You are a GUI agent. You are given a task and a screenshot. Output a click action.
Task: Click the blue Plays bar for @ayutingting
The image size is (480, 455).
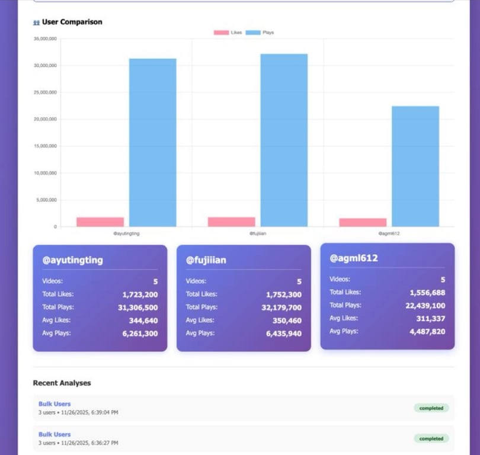click(153, 142)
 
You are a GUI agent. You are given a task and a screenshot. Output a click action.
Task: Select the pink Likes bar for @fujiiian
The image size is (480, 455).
click(231, 222)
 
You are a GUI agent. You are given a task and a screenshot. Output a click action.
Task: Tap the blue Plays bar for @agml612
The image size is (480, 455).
click(415, 166)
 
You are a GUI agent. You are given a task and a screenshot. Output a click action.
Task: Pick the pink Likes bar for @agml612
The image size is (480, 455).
click(363, 222)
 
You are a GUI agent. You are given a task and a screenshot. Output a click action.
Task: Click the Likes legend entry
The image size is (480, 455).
click(229, 33)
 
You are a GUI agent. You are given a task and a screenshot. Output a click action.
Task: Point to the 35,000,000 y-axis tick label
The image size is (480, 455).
click(45, 39)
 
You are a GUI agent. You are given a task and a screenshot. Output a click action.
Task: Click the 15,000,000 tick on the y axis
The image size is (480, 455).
click(45, 146)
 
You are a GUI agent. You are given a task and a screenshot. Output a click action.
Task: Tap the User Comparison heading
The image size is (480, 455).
click(72, 22)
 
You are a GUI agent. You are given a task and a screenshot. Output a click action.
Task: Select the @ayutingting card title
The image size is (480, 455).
click(72, 260)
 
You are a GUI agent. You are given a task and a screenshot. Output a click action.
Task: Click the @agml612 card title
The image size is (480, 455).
click(353, 258)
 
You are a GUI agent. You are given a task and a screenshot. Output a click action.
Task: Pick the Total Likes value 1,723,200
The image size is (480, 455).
click(140, 294)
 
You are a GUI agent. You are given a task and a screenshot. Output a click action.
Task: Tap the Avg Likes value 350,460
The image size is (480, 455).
click(285, 321)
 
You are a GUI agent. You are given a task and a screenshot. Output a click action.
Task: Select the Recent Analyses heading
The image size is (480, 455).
click(62, 383)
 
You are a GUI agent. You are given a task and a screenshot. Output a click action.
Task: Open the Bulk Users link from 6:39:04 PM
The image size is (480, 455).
click(55, 404)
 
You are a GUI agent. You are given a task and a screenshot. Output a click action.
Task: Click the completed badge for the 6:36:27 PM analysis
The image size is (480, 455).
click(431, 438)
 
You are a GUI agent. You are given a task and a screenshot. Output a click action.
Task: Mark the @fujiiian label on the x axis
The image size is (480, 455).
click(258, 233)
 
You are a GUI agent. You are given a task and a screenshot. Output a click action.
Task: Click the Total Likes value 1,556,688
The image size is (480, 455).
click(427, 293)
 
